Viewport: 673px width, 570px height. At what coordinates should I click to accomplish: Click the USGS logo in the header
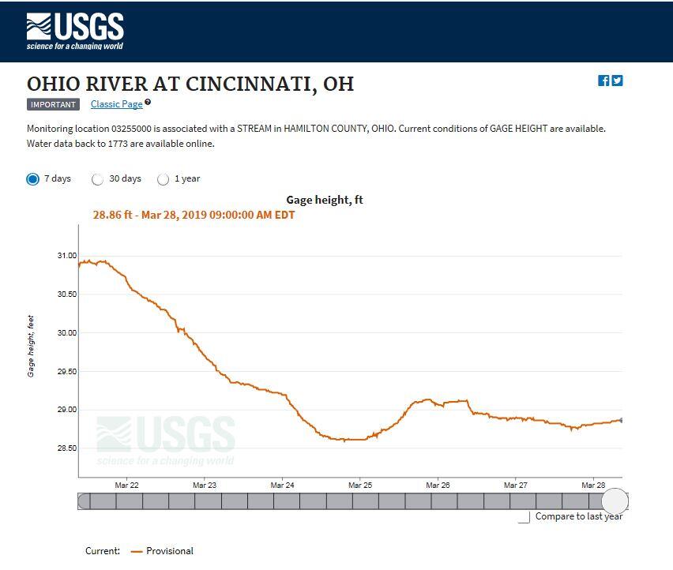point(75,32)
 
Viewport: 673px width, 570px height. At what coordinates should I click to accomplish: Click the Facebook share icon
point(603,81)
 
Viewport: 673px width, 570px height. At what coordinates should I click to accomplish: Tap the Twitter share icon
point(617,81)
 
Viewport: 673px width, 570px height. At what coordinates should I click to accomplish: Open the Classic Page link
point(117,104)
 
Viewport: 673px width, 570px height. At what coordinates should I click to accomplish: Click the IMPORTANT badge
point(53,104)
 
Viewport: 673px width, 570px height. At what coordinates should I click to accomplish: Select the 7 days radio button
point(33,179)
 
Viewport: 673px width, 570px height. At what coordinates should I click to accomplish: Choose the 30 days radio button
point(98,179)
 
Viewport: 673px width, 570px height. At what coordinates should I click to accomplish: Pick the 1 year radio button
point(164,179)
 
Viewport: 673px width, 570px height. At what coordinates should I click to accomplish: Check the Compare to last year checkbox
point(524,517)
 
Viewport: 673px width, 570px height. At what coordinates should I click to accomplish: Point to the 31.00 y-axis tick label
point(66,256)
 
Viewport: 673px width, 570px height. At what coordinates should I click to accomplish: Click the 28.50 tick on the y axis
point(66,448)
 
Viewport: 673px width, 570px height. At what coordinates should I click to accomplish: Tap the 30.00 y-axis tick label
point(66,333)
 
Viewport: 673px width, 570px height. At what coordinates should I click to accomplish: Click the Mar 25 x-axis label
point(360,486)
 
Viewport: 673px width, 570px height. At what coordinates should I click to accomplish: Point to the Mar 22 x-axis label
point(126,486)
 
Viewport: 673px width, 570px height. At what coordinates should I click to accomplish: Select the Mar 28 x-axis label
point(593,486)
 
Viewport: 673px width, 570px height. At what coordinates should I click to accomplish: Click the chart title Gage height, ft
point(325,201)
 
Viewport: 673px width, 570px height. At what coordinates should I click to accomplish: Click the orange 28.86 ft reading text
point(194,215)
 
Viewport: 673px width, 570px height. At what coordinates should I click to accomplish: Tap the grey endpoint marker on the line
point(622,420)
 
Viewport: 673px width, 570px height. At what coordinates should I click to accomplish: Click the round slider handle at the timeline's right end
point(615,501)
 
